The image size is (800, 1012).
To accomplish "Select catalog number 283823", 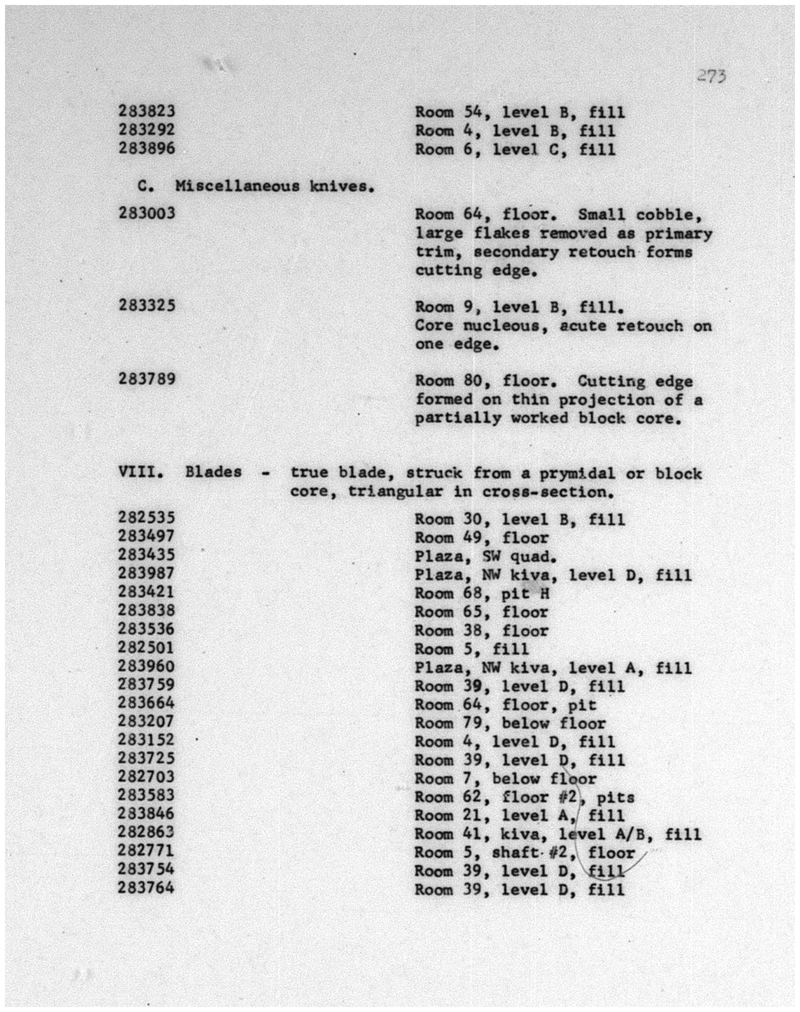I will pyautogui.click(x=147, y=111).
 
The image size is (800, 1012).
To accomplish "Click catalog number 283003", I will pyautogui.click(x=147, y=213).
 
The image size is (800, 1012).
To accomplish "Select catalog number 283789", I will pyautogui.click(x=147, y=378).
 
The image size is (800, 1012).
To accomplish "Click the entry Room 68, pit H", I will pyautogui.click(x=481, y=594).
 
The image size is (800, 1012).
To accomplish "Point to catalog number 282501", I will pyautogui.click(x=147, y=648).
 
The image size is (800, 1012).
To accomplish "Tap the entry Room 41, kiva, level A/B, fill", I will pyautogui.click(x=557, y=834).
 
